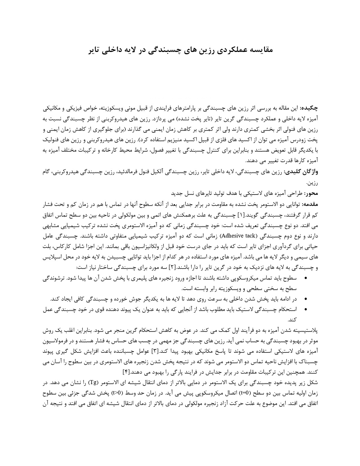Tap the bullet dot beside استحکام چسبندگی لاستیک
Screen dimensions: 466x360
click(306, 309)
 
